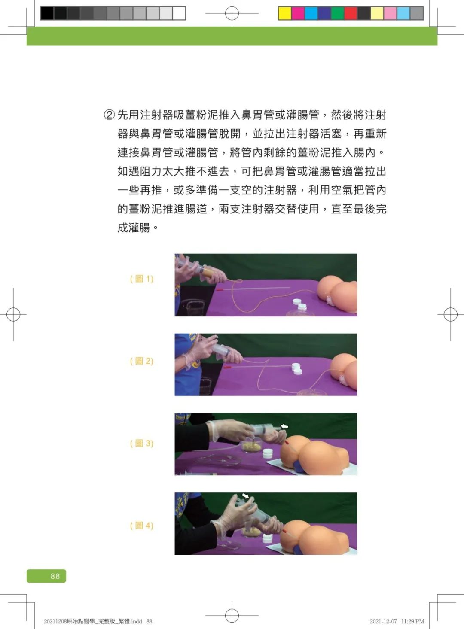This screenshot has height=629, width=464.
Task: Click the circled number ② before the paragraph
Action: [x=110, y=115]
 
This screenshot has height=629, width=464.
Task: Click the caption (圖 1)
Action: [x=142, y=279]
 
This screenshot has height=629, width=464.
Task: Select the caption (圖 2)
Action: [x=142, y=361]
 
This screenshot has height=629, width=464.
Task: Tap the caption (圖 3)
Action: [x=142, y=443]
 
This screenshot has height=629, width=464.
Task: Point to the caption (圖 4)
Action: [x=142, y=526]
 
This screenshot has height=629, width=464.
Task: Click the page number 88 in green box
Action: [x=55, y=576]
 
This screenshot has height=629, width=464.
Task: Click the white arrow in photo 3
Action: [x=284, y=427]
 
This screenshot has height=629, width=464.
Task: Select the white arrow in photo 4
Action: [x=245, y=496]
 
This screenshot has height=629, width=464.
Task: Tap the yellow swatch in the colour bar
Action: [x=285, y=14]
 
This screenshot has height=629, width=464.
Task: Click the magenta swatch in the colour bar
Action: [x=298, y=14]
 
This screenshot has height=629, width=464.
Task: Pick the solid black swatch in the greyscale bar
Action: [x=47, y=14]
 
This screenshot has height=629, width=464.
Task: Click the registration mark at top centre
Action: [x=232, y=14]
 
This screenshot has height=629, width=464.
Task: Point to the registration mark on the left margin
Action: [x=13, y=315]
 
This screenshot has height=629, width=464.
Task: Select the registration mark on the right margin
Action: [x=450, y=315]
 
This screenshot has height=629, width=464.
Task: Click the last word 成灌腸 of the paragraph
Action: [x=134, y=228]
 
